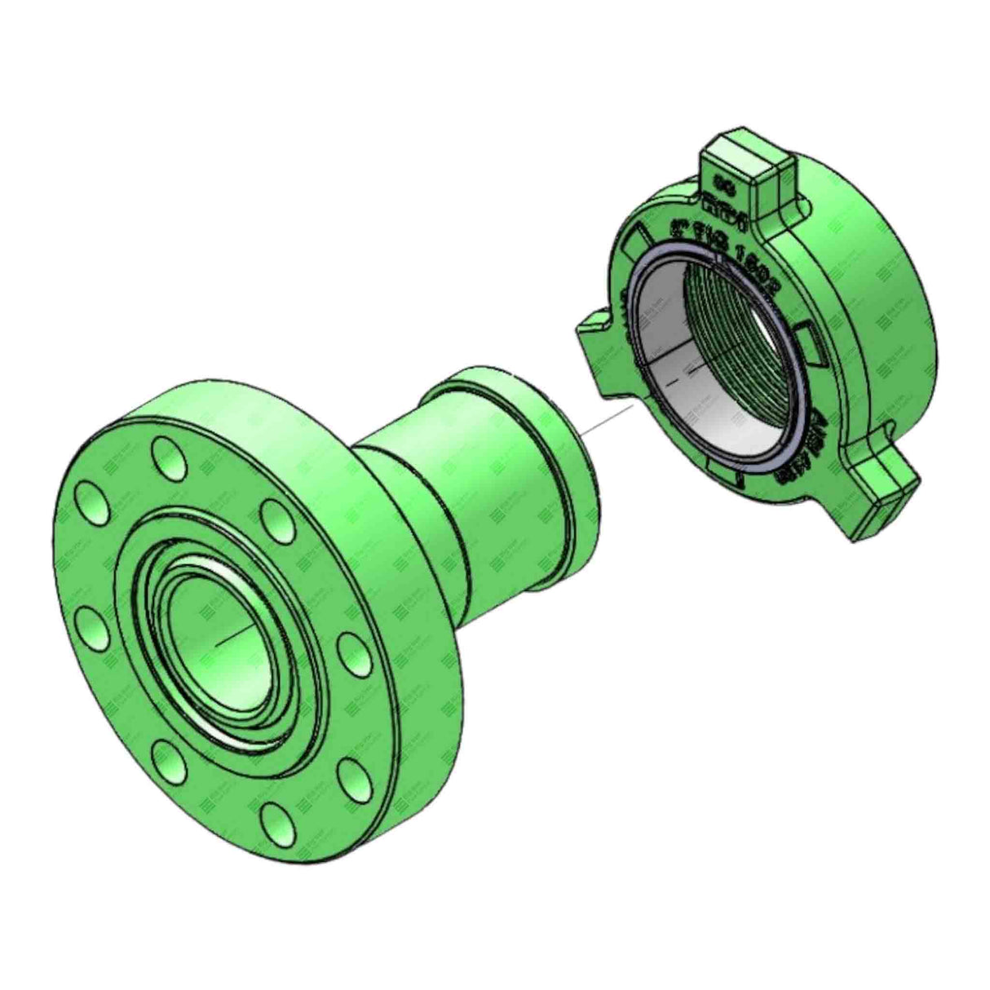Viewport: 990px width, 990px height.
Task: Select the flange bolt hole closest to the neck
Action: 276,517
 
